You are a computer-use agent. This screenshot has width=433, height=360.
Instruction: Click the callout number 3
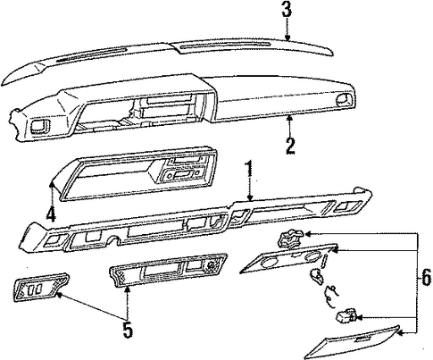coord(287,10)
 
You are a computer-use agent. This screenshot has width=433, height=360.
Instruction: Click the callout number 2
coord(290,146)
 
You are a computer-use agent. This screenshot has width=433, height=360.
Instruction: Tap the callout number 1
coord(249,169)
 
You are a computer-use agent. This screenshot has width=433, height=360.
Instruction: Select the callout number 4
coord(51,214)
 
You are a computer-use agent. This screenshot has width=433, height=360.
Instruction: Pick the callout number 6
coord(426,278)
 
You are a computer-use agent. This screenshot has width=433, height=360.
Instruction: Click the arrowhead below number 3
coord(287,38)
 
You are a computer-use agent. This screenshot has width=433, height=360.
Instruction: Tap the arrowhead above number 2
coord(289,119)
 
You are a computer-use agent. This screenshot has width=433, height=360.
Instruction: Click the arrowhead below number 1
coord(250,197)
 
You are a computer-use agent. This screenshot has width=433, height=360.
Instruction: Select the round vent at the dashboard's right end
coord(344,100)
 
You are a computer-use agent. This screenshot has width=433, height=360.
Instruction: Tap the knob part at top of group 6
coord(289,238)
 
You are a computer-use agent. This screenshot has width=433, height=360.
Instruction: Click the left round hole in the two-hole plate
coord(270,261)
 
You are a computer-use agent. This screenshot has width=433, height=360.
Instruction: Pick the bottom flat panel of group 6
coord(352,342)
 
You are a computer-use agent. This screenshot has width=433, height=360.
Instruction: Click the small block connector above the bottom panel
coord(346,316)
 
